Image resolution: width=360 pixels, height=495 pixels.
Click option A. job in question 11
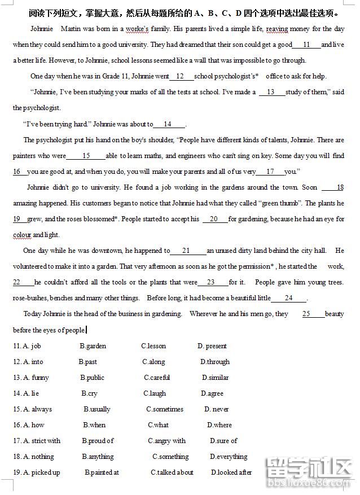(32, 346)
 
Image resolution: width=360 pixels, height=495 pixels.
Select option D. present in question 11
(212, 346)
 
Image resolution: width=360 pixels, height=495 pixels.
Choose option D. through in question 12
(215, 362)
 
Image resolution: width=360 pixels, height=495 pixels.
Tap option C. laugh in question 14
(155, 393)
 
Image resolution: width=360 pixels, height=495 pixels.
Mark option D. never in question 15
(217, 409)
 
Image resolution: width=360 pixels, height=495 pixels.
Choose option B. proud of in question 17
(98, 441)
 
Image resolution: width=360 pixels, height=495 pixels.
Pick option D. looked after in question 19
(231, 472)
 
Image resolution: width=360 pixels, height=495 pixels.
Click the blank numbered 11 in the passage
(307, 45)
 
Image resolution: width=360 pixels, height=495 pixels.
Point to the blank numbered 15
(86, 156)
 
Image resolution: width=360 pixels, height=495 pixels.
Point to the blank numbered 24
(288, 298)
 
